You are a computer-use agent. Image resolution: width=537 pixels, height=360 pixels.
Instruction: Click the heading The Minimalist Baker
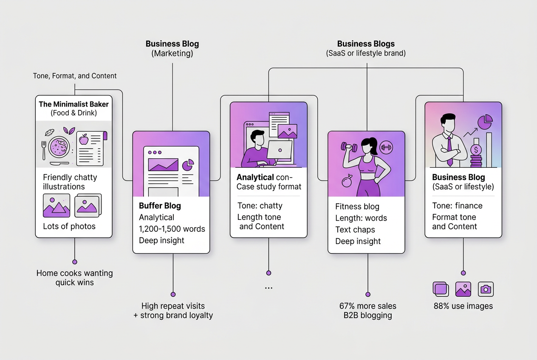click(x=73, y=104)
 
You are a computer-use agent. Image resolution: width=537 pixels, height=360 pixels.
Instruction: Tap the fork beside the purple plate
click(x=44, y=150)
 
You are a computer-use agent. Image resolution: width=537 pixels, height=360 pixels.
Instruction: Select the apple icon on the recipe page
click(x=84, y=139)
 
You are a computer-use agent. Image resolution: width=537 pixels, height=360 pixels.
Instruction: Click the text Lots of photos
click(x=69, y=226)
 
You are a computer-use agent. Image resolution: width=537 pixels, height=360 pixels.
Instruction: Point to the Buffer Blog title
click(x=160, y=206)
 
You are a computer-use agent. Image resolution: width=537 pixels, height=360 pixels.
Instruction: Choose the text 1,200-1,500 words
click(x=172, y=229)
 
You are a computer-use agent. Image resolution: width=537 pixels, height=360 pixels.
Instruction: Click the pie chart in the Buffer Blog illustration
click(x=188, y=165)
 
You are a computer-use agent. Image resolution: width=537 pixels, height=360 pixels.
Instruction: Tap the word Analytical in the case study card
click(x=255, y=177)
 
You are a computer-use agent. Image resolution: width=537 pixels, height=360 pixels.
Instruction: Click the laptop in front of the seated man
click(x=279, y=150)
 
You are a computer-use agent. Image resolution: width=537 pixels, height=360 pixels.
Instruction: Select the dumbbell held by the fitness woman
click(x=349, y=146)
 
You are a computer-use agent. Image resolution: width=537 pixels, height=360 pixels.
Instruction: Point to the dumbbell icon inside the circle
click(x=386, y=147)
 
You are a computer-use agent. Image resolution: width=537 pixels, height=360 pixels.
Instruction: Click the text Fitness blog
click(x=357, y=206)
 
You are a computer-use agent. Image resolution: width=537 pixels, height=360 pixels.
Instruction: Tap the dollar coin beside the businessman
click(x=476, y=150)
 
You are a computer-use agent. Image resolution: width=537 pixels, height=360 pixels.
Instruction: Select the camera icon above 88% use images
click(x=486, y=290)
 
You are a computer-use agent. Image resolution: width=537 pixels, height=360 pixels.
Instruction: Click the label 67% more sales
click(x=368, y=306)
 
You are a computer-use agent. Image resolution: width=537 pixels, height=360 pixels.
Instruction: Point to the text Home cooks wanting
click(x=74, y=273)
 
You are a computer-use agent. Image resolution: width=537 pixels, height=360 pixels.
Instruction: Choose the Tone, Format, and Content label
click(x=75, y=76)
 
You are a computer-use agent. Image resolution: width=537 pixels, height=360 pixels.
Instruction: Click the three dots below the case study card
click(x=268, y=288)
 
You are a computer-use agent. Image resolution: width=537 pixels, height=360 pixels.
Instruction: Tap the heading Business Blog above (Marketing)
click(x=172, y=44)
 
